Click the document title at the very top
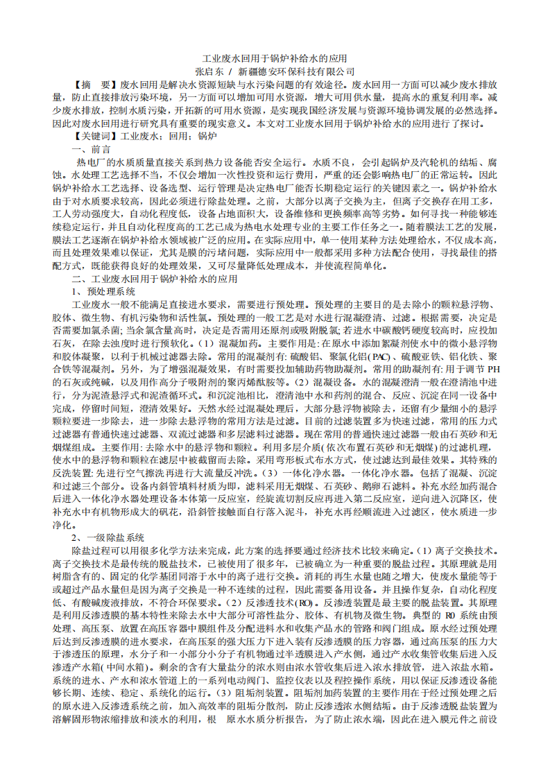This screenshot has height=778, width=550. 275,58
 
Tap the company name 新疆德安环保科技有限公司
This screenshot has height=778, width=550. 296,71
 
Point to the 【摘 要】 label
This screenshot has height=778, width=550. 96,83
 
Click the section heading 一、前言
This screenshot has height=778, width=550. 91,149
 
